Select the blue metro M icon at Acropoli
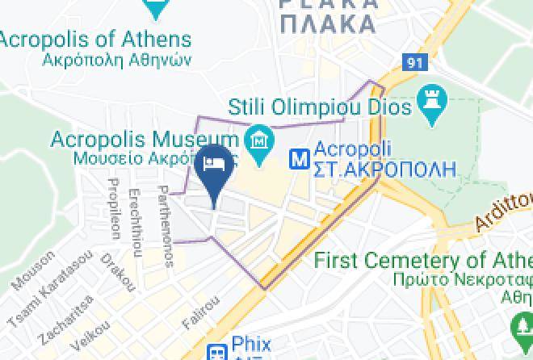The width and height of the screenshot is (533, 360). (300, 159)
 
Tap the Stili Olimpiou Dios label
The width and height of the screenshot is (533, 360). (320, 106)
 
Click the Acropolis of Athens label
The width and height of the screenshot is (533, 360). (95, 40)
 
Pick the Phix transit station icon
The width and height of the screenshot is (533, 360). (216, 352)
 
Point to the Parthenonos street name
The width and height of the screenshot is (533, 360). (164, 228)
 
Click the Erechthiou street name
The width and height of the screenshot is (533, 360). (136, 223)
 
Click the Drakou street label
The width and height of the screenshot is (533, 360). (118, 272)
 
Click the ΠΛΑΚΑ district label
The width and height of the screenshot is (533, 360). (326, 23)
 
